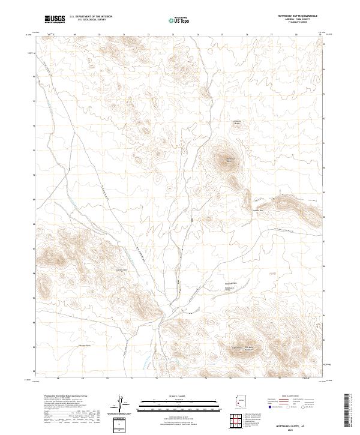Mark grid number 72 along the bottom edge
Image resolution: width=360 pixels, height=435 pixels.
pyautogui.click(x=158, y=379)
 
